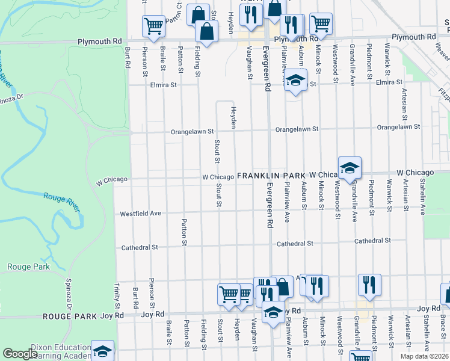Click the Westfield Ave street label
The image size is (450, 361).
pos(141,214)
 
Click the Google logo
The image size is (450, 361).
pos(20,354)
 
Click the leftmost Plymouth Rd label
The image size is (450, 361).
pos(99,42)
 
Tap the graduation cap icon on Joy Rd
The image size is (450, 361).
pos(273,313)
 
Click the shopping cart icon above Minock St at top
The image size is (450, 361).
pos(321,23)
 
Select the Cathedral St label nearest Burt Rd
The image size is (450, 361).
pos(139,247)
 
